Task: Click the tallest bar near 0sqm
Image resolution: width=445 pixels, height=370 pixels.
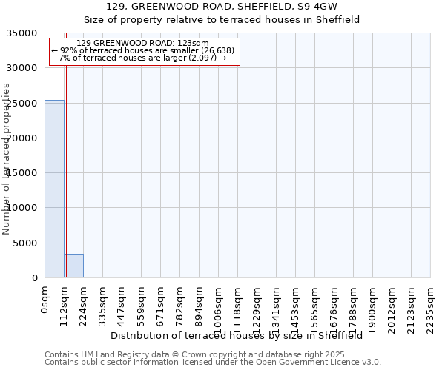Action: pyautogui.click(x=54, y=189)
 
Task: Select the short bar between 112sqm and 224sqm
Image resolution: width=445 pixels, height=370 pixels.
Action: pyautogui.click(x=73, y=266)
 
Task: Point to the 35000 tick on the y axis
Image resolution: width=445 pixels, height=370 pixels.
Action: pyautogui.click(x=22, y=33)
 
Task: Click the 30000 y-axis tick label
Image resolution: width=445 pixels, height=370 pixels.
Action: pyautogui.click(x=22, y=68)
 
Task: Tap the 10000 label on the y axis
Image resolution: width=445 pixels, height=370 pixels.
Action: pyautogui.click(x=22, y=209)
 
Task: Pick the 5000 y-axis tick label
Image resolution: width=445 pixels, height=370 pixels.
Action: pyautogui.click(x=25, y=243)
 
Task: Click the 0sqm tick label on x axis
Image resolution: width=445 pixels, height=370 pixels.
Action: pyautogui.click(x=45, y=299)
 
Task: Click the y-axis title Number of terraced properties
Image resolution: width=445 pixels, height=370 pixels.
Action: pyautogui.click(x=7, y=158)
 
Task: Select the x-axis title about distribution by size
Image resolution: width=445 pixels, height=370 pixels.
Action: pyautogui.click(x=241, y=335)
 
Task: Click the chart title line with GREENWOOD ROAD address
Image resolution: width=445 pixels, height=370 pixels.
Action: pyautogui.click(x=222, y=7)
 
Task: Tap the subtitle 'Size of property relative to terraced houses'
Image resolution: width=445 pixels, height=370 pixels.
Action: pyautogui.click(x=222, y=20)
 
